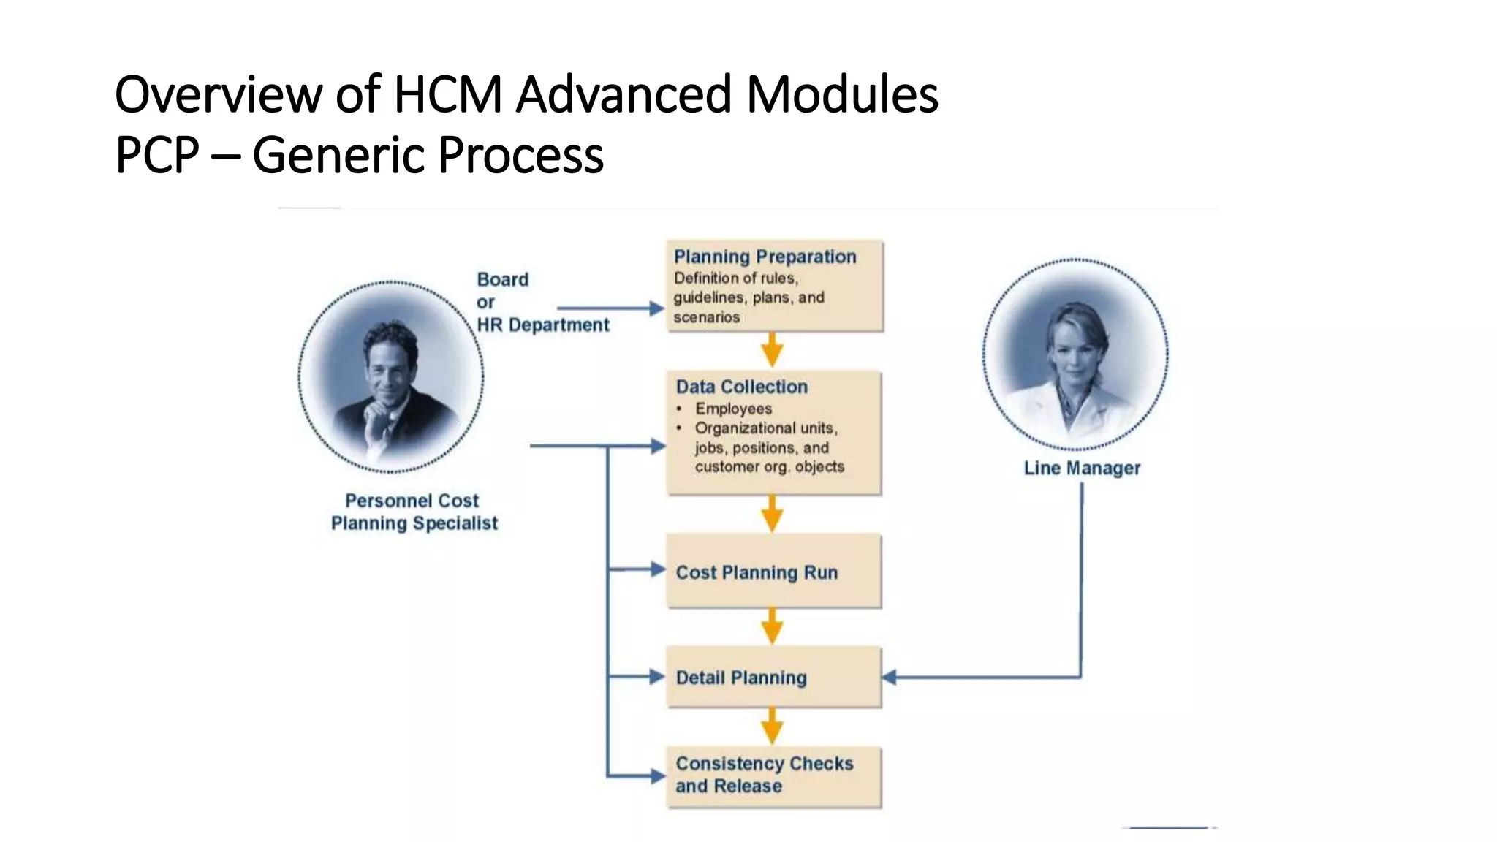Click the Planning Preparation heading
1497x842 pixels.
click(765, 257)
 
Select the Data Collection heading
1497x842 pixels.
click(741, 387)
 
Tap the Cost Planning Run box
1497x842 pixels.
click(773, 572)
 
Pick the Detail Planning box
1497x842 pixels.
click(773, 677)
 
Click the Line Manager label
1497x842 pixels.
click(1082, 468)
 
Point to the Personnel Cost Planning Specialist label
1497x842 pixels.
click(414, 512)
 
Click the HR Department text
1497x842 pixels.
click(542, 325)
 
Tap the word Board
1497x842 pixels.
click(502, 279)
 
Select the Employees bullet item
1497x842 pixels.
click(733, 409)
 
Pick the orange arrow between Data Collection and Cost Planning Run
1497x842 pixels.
click(772, 514)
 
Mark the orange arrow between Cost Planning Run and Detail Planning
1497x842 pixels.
click(772, 626)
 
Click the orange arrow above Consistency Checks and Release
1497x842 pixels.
click(772, 727)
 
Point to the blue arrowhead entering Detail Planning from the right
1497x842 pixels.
click(890, 678)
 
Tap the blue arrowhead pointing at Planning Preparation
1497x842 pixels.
click(657, 308)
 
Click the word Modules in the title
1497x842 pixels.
click(842, 95)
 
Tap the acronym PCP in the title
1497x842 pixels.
click(157, 155)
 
